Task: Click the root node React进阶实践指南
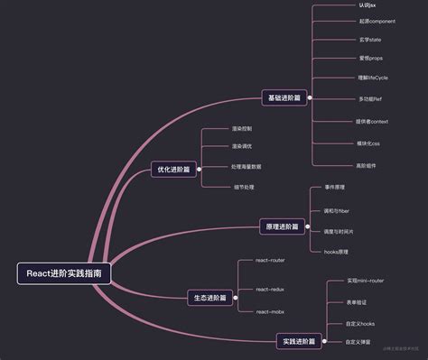coord(63,272)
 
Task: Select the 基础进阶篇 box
coord(285,97)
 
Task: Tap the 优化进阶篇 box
coord(174,169)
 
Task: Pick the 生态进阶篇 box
coord(209,297)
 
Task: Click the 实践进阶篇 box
coord(299,341)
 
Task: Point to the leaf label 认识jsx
coord(341,5)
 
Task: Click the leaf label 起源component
coord(351,21)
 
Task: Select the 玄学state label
coord(345,40)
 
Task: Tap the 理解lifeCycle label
coord(347,78)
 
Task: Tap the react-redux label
coord(270,289)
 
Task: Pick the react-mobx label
coord(270,311)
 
